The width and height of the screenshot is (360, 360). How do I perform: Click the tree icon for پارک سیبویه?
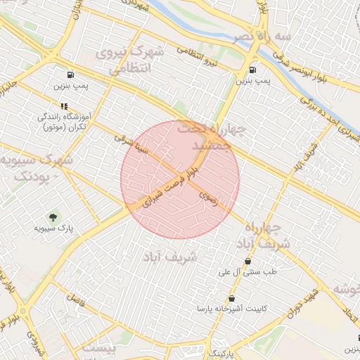click(53, 216)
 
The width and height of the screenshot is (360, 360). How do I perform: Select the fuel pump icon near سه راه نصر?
click(252, 70)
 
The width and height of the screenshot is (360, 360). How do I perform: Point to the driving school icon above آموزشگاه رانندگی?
click(64, 106)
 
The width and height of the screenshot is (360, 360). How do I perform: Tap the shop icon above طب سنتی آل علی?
click(248, 261)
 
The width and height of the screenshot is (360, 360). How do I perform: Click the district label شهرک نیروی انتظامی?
click(131, 60)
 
